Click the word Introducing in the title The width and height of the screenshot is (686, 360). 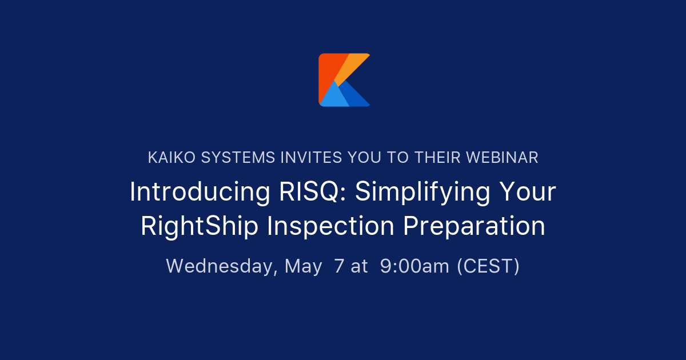coord(200,192)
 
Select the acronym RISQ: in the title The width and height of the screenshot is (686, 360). coord(311,192)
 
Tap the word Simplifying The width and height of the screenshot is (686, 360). coord(422,193)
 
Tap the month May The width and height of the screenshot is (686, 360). coord(304,266)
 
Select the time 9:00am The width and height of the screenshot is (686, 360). coord(414,266)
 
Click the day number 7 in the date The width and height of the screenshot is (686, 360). coord(340,266)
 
